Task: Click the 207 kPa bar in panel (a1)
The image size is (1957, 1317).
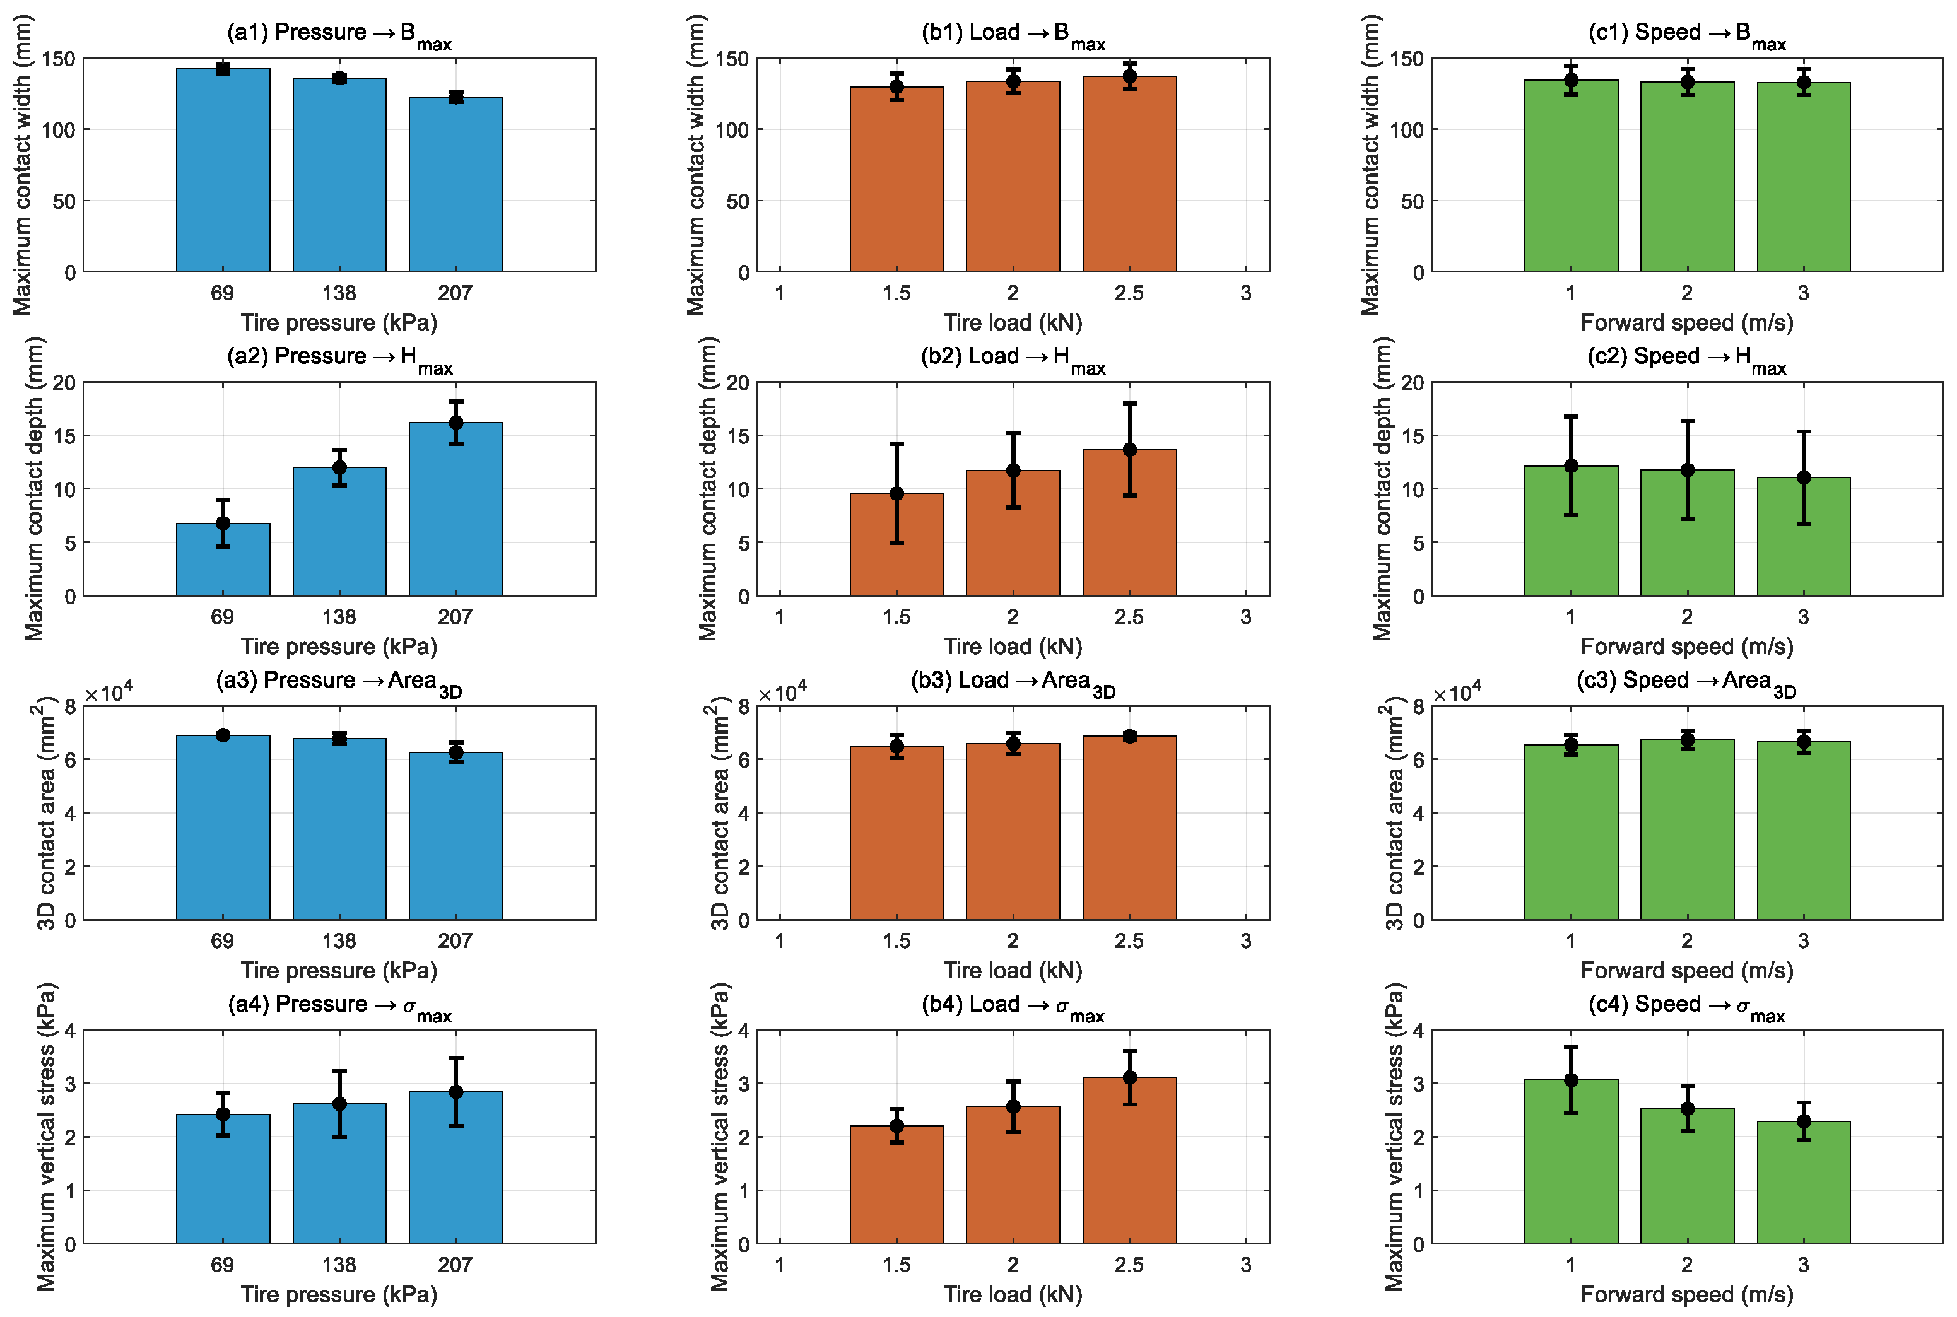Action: (x=455, y=185)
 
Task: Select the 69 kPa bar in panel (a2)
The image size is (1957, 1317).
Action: (x=223, y=559)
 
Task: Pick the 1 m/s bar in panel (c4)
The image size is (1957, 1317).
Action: (x=1571, y=1162)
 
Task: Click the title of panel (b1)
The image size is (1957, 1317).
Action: (x=1013, y=35)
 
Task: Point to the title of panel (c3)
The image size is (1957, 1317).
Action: (x=1686, y=683)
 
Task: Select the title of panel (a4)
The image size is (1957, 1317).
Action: (x=339, y=1007)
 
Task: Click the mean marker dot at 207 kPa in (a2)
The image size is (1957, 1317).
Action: (x=456, y=423)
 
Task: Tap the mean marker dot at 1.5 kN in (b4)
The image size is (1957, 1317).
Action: (x=897, y=1125)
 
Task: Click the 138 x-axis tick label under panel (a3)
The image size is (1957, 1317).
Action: (x=339, y=940)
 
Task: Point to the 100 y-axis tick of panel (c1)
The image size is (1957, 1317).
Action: (x=1407, y=129)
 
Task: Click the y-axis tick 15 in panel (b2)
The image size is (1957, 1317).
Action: (x=738, y=436)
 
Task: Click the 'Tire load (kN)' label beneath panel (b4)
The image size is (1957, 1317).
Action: (x=1013, y=1294)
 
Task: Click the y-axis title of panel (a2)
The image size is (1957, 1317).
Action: (x=33, y=489)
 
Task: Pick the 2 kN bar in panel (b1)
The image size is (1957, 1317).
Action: (x=1013, y=177)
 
